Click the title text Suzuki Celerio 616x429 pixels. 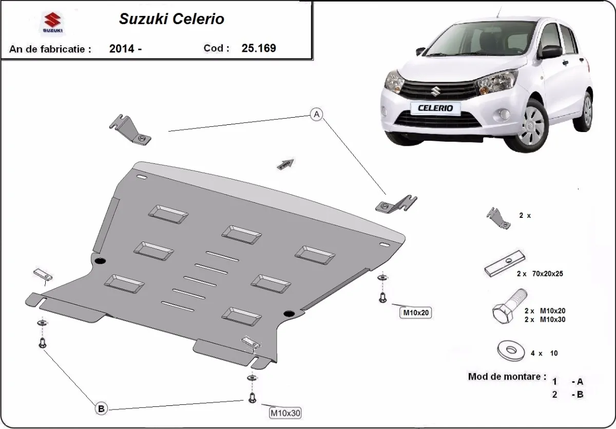(171, 20)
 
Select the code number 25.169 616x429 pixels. (259, 48)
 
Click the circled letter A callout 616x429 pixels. (317, 115)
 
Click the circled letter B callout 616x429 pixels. (101, 408)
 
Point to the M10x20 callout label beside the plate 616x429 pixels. (416, 312)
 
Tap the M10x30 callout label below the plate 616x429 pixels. (285, 412)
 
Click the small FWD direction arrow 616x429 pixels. (285, 164)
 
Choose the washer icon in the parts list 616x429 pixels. (511, 350)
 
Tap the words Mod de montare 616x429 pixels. (507, 377)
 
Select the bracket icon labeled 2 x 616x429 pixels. (497, 218)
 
